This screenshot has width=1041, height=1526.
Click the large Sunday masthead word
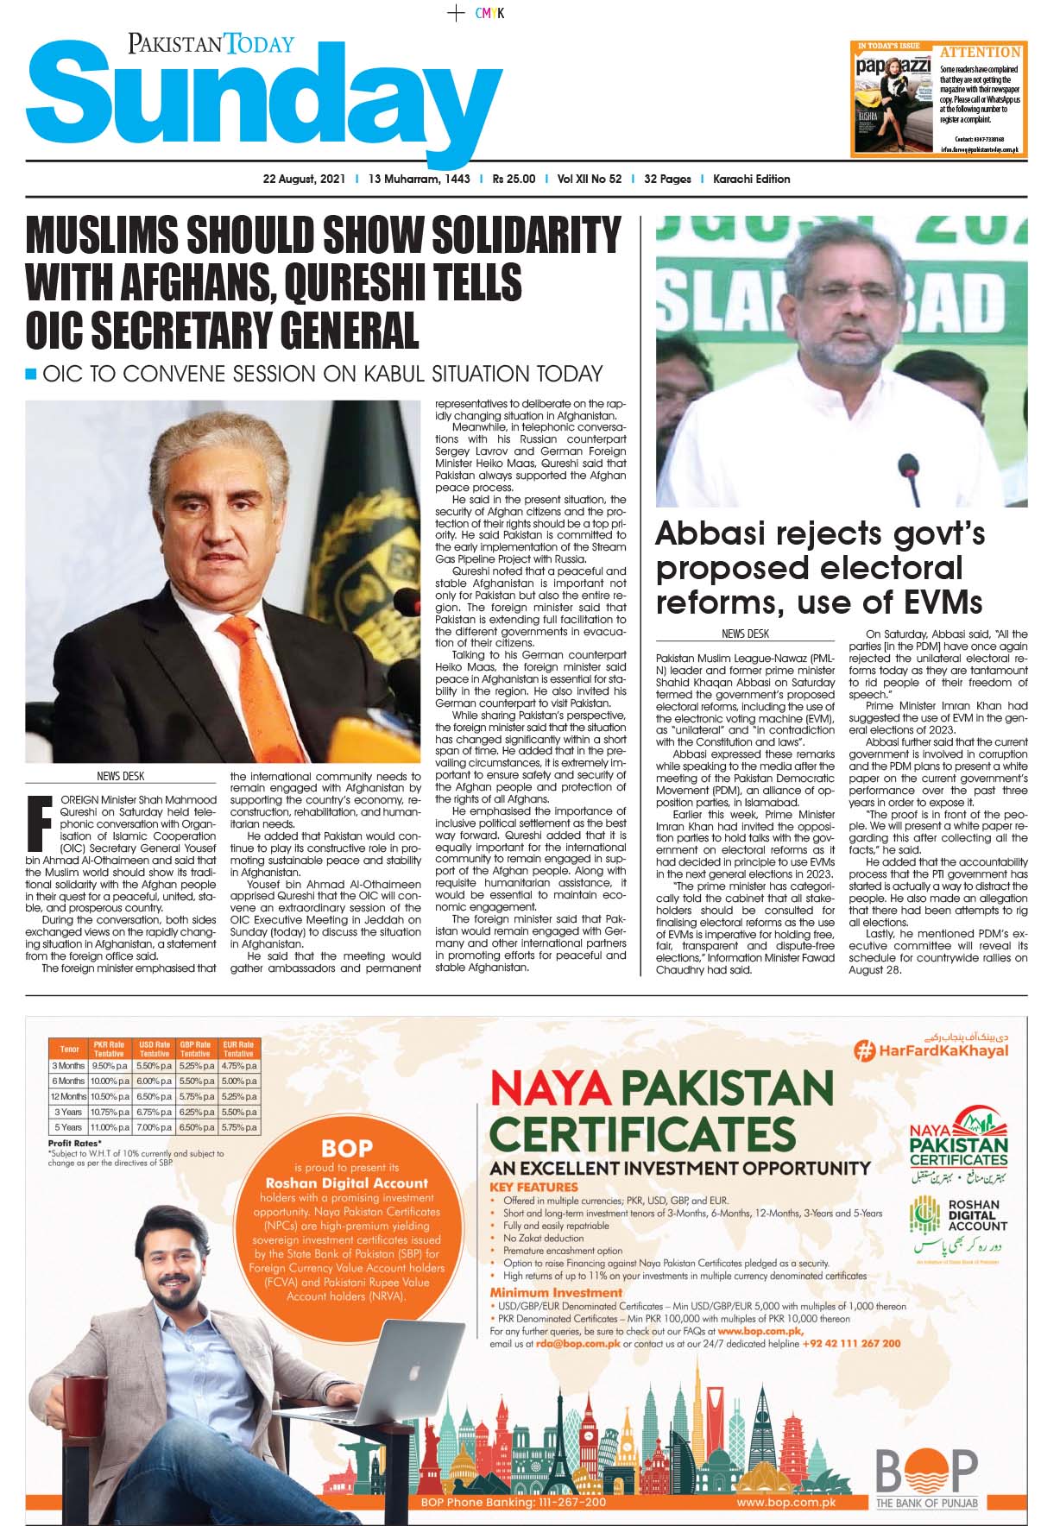(x=263, y=104)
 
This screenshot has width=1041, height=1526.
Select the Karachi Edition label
(x=751, y=180)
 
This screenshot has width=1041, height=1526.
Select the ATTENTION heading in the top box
(x=980, y=52)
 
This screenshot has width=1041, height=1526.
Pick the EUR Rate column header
(x=238, y=1049)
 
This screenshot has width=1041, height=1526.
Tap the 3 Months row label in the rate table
(x=68, y=1066)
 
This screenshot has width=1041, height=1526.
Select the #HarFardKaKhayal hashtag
(x=931, y=1050)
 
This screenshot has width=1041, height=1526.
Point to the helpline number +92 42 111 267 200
(x=851, y=1343)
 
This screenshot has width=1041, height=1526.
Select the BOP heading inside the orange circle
(x=346, y=1148)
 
